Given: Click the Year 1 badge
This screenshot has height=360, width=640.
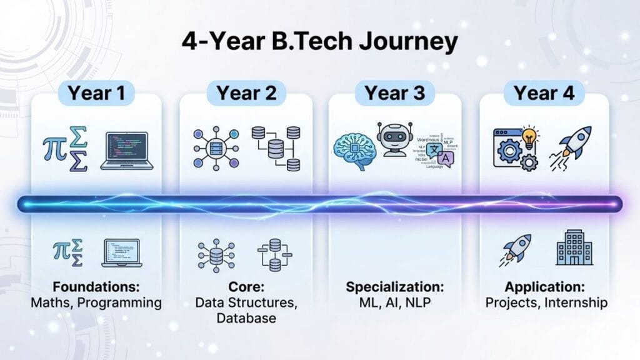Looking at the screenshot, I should [x=96, y=93].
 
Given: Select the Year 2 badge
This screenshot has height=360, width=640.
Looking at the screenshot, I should [x=246, y=93].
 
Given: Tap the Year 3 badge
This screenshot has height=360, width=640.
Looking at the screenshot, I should [x=395, y=93].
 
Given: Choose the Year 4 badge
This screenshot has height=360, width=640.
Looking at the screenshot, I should [x=544, y=93].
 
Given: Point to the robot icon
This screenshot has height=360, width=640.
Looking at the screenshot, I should [x=396, y=139].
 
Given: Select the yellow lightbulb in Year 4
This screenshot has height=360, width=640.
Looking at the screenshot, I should [x=531, y=137].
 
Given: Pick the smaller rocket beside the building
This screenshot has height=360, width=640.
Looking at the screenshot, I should [x=516, y=249].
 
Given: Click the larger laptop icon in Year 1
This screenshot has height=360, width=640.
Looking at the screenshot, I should [x=127, y=149].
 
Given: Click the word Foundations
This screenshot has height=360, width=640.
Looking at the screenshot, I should [x=96, y=287].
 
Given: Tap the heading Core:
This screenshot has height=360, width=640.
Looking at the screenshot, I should [x=246, y=287].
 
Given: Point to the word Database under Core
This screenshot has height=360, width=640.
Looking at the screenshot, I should [x=246, y=317].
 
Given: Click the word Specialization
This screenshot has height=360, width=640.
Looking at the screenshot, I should [x=395, y=287].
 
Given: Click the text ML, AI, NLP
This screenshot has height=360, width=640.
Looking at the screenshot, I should [x=395, y=302].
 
